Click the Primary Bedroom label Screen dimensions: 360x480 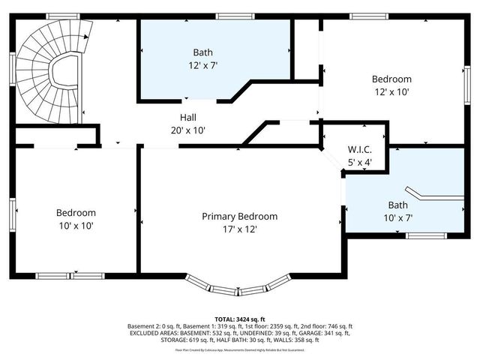239,216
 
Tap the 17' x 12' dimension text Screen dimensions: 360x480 239,229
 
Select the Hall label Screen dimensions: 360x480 188,117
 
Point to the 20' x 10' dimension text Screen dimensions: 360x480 188,130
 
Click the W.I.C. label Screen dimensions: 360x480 359,150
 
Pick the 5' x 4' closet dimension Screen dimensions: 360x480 359,162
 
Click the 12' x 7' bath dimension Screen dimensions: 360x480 202,65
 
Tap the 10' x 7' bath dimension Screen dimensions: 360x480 399,218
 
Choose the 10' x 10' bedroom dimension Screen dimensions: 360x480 75,225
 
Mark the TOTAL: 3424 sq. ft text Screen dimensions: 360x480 239,319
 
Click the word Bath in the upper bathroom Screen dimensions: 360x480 202,52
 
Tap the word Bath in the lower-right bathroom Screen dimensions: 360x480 399,205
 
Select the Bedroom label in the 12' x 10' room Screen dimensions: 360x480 391,79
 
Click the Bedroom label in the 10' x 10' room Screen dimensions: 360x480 75,212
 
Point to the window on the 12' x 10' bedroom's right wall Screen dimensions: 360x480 466,79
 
